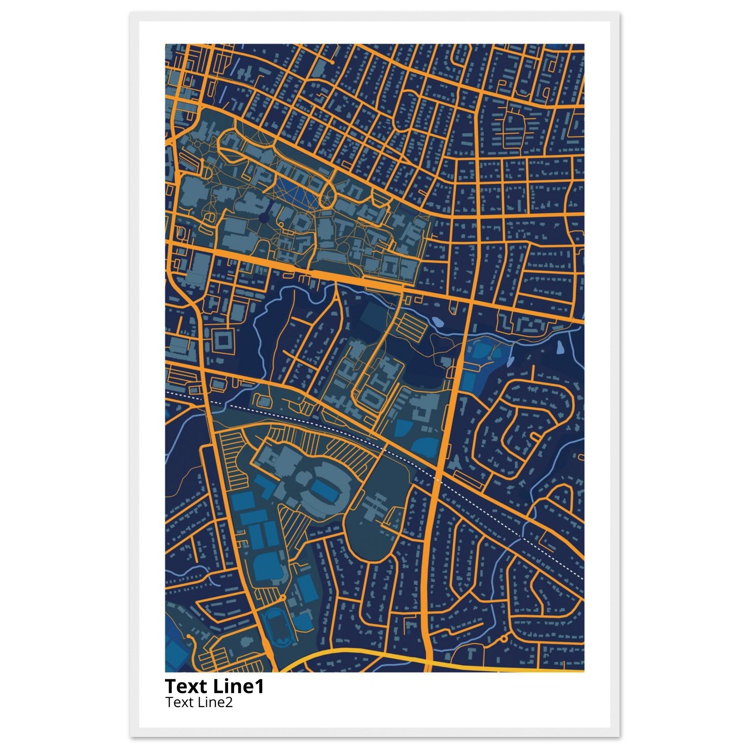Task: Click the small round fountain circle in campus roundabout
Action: pyautogui.click(x=327, y=198)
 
